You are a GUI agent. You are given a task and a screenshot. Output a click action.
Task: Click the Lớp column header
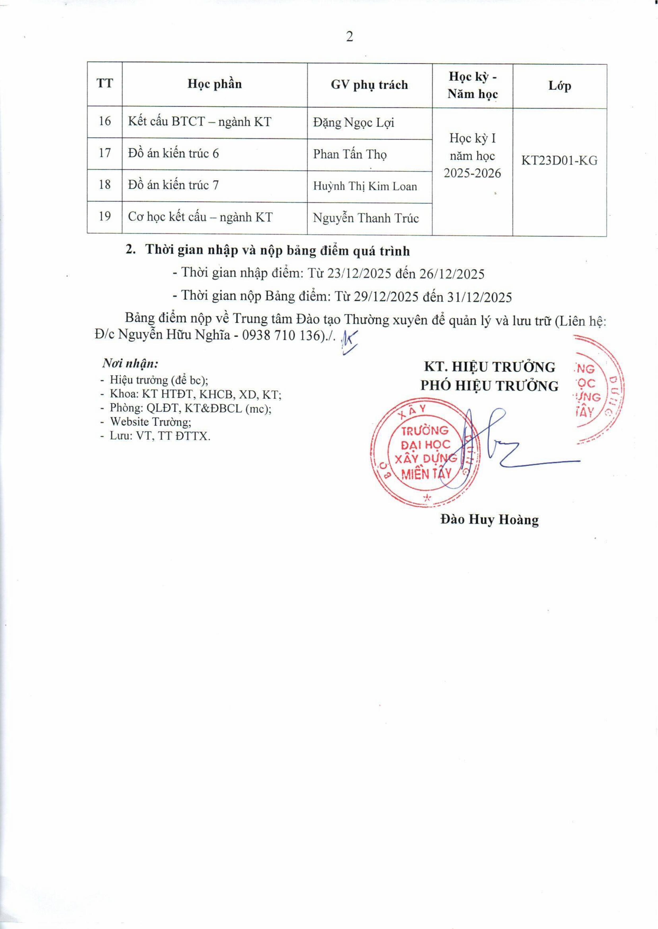559,86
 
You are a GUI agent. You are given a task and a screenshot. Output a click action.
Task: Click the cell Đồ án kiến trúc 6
174,154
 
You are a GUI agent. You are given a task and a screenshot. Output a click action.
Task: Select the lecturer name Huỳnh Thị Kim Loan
365,186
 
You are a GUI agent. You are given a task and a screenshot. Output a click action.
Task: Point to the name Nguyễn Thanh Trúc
366,218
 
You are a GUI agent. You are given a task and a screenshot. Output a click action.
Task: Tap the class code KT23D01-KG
559,161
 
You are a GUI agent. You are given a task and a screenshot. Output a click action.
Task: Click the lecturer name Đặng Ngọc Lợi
353,123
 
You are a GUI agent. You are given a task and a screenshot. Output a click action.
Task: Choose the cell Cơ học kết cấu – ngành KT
200,217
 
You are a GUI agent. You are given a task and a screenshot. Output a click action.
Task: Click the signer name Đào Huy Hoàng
490,520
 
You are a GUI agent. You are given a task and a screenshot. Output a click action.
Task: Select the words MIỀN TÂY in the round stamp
425,473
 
